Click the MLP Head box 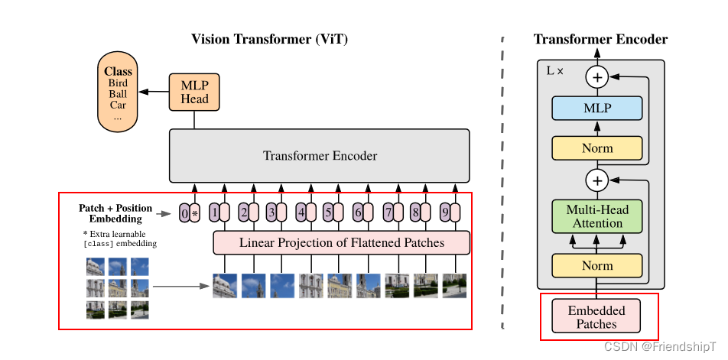194,92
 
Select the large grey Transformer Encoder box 319,156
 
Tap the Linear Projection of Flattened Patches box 341,243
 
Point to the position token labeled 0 184,213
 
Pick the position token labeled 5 328,213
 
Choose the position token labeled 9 445,213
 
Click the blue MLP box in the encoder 597,109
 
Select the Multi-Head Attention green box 597,216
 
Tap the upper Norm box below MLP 597,148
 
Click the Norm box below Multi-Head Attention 597,265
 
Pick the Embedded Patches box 596,317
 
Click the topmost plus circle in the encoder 596,76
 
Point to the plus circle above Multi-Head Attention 596,180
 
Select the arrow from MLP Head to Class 155,91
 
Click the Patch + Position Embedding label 115,213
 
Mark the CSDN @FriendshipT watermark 660,346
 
